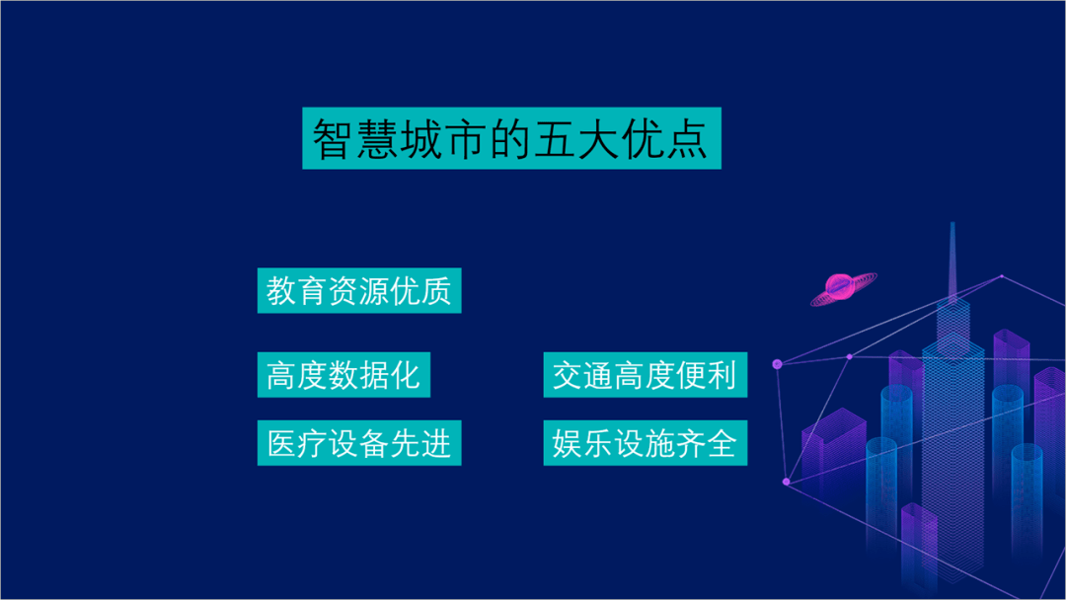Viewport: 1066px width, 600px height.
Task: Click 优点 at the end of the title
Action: tap(665, 139)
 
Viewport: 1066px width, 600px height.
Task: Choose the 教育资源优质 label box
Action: tap(359, 291)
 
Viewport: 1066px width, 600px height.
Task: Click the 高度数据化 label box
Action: tap(343, 375)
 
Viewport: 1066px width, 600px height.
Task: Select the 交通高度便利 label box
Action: tap(645, 375)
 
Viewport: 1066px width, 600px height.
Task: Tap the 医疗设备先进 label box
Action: tap(359, 443)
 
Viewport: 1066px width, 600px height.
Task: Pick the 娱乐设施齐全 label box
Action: tap(645, 443)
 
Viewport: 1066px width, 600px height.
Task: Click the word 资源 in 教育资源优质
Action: tap(359, 291)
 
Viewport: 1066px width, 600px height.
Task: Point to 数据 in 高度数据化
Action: tap(359, 375)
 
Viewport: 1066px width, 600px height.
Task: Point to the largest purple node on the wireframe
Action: tap(777, 364)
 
